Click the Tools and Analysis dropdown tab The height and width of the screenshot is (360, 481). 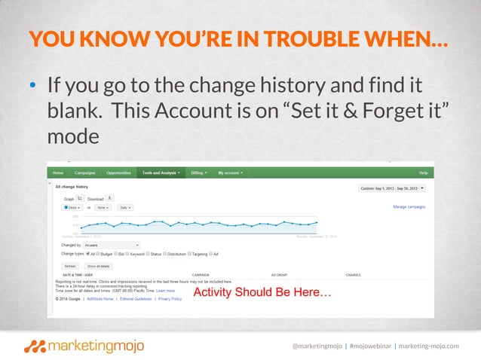click(x=161, y=172)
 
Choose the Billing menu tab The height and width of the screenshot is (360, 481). click(x=200, y=172)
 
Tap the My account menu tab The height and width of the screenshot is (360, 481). click(x=231, y=172)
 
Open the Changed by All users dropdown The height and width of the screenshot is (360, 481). click(x=111, y=245)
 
